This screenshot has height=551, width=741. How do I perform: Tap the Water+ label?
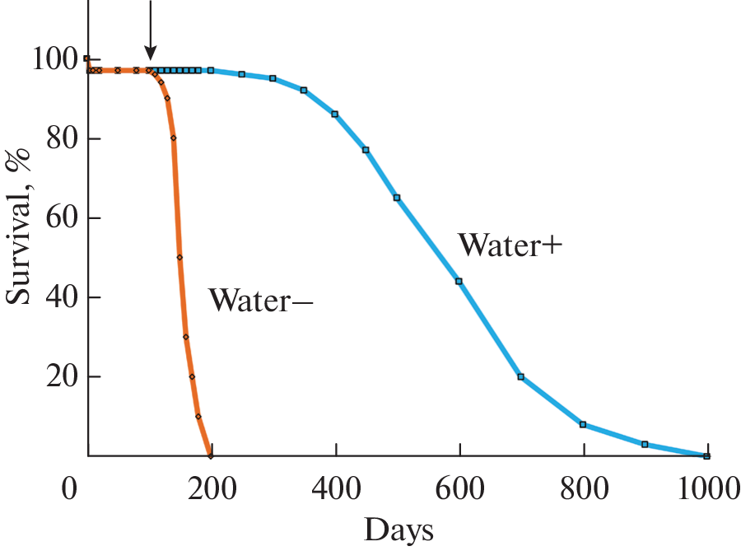point(510,245)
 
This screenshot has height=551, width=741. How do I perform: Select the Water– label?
point(260,300)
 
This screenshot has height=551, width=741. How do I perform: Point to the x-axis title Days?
point(398,530)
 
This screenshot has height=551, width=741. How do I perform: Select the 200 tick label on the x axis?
point(212,491)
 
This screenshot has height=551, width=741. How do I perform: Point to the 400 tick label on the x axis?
point(336,491)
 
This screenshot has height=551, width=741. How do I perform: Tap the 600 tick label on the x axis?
point(459,491)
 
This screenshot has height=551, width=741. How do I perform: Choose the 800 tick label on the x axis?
point(583,491)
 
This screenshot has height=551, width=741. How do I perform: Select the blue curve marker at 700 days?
point(520,376)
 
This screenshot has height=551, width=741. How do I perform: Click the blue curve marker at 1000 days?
point(706,455)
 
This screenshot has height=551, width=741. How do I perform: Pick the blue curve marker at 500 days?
point(397,198)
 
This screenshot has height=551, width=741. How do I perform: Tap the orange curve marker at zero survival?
point(211,455)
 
